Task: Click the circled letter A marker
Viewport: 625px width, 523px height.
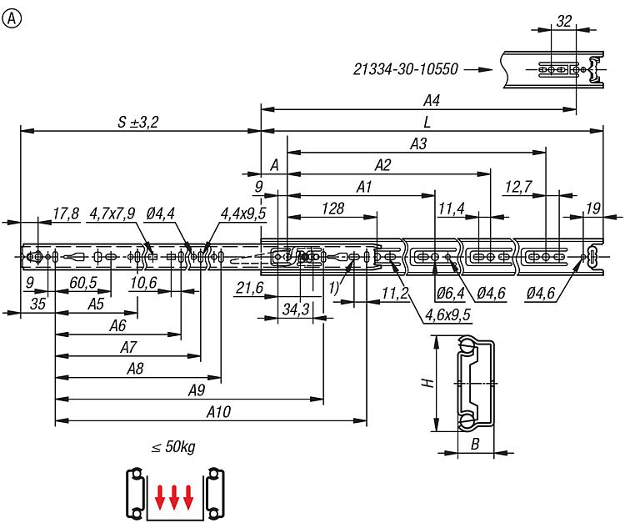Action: [x=12, y=18]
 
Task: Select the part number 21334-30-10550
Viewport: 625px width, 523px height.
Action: [x=405, y=69]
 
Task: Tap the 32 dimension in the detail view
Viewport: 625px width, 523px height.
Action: [x=563, y=21]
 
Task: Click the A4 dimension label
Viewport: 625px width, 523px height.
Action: [x=432, y=101]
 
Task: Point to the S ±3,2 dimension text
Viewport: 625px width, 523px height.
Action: [x=137, y=122]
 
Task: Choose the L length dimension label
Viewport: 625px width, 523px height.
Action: [x=427, y=122]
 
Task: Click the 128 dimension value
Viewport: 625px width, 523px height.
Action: [x=332, y=209]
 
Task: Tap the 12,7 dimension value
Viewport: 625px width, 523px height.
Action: [x=517, y=187]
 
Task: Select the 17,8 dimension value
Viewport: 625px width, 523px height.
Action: [x=65, y=214]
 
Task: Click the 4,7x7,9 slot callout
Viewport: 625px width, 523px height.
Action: [x=112, y=214]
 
